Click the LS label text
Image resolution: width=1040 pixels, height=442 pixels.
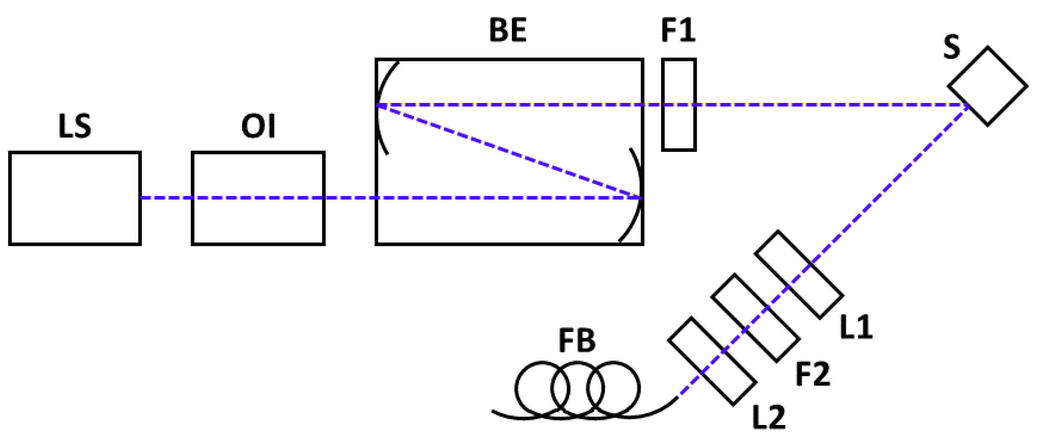74,126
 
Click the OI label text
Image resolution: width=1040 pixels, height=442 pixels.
258,126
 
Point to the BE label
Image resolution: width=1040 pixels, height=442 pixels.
508,30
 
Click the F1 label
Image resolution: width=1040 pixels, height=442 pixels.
678,30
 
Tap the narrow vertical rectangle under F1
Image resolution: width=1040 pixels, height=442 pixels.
678,127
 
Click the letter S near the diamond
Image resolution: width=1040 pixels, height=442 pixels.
951,47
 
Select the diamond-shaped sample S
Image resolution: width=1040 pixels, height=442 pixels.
987,86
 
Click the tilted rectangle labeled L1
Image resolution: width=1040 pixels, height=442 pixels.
799,275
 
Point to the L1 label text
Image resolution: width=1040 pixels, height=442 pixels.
856,327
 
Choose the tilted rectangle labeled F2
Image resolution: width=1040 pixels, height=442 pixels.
755,318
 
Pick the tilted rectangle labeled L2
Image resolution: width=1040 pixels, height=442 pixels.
712,361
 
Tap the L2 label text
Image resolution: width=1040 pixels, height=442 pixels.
769,417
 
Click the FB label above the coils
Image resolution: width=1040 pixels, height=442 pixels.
577,340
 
